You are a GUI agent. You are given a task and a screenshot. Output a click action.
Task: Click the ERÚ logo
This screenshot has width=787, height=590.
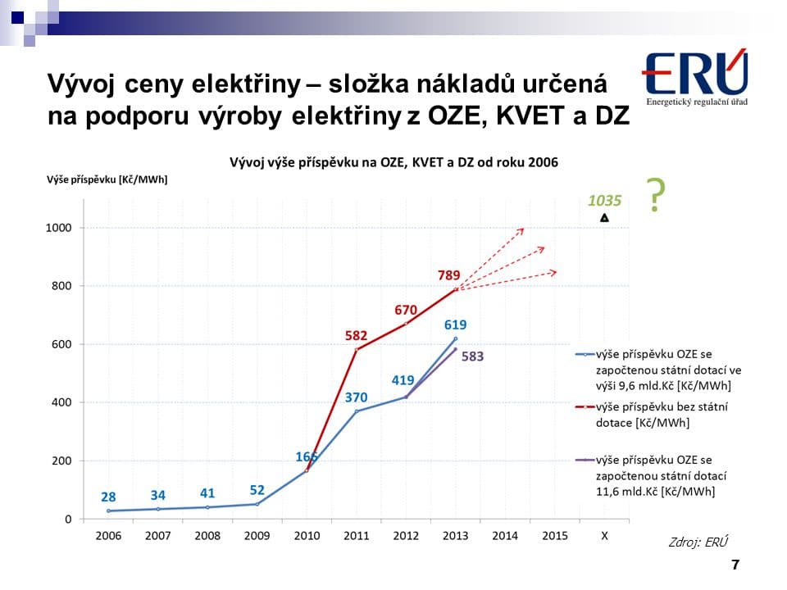695,78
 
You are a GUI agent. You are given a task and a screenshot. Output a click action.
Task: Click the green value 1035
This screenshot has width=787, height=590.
605,199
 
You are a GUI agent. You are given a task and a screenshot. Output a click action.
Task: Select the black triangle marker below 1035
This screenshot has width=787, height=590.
604,218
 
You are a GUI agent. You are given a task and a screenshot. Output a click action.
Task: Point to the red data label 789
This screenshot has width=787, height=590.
449,275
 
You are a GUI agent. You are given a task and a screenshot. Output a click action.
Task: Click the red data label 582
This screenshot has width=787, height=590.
356,335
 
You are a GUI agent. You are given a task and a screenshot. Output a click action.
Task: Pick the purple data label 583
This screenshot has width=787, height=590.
473,356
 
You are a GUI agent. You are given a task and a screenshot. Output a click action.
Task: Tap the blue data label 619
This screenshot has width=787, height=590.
455,324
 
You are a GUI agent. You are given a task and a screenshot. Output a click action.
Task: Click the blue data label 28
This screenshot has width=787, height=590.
108,497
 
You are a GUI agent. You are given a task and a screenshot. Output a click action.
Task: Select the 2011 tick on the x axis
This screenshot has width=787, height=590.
356,535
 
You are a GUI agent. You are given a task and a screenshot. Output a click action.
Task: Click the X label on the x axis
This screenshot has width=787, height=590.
604,535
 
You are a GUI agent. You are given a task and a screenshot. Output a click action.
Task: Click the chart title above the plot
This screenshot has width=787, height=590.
393,162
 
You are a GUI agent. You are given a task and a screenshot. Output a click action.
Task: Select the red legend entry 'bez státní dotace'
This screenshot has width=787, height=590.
652,415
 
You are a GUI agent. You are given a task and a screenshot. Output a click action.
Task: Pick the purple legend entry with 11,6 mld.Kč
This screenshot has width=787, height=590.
652,476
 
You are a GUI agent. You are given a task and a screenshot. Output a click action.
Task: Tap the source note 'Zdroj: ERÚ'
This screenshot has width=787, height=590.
698,542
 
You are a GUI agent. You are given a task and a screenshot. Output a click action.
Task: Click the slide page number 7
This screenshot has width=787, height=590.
735,565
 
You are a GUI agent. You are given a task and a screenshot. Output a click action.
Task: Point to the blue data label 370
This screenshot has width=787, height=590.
356,397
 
